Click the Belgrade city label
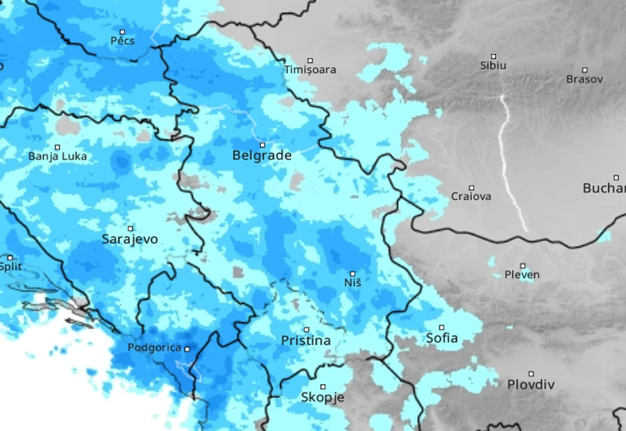click(x=262, y=156)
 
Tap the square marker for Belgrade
click(x=262, y=144)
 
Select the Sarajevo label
click(x=130, y=239)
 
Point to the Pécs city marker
click(x=123, y=31)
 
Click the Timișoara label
click(x=310, y=69)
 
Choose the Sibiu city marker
click(x=493, y=57)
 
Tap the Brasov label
click(x=584, y=79)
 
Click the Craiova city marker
click(x=471, y=188)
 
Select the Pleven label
click(x=522, y=275)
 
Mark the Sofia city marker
click(x=442, y=327)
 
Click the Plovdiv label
click(x=531, y=384)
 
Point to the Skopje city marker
click(x=323, y=386)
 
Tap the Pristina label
click(x=306, y=341)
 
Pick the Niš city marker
click(x=353, y=273)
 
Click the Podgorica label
click(x=154, y=348)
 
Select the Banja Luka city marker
click(x=57, y=147)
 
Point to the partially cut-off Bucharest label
click(x=604, y=188)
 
